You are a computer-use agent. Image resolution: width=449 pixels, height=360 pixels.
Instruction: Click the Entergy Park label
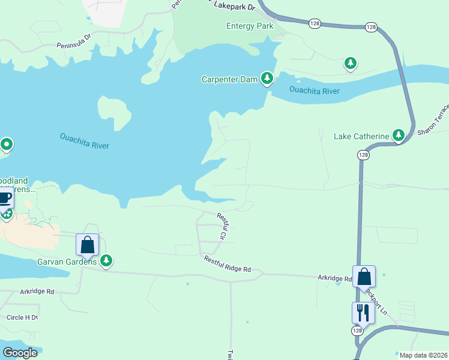click(x=250, y=26)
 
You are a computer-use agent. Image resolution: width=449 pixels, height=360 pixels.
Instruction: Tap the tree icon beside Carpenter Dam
click(x=267, y=79)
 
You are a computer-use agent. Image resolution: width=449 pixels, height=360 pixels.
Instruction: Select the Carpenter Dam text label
click(x=229, y=79)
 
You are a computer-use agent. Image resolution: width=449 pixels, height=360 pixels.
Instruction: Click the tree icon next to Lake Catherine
click(x=398, y=136)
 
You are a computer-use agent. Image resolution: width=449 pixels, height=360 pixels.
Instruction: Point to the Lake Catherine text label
click(x=361, y=136)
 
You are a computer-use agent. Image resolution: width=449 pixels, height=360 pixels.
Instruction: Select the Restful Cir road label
click(x=221, y=227)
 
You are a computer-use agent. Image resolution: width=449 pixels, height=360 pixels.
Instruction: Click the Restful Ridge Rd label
click(x=227, y=265)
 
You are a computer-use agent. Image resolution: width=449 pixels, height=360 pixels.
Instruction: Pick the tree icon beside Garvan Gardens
click(x=106, y=260)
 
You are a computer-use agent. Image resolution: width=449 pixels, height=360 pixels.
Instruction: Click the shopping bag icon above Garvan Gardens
click(x=87, y=244)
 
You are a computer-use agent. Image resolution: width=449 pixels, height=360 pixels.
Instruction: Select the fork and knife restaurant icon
click(x=363, y=313)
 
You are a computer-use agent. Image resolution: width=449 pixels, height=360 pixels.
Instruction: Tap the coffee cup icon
click(x=5, y=197)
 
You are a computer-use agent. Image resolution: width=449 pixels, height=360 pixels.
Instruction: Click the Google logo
click(x=19, y=353)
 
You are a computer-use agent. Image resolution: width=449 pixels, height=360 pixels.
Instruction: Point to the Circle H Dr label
click(x=22, y=317)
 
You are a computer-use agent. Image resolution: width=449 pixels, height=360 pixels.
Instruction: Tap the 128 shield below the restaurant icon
click(x=358, y=331)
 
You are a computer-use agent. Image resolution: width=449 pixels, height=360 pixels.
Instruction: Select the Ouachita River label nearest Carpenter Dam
click(x=314, y=91)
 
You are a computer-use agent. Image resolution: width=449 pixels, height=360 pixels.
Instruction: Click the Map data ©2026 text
click(x=422, y=355)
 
